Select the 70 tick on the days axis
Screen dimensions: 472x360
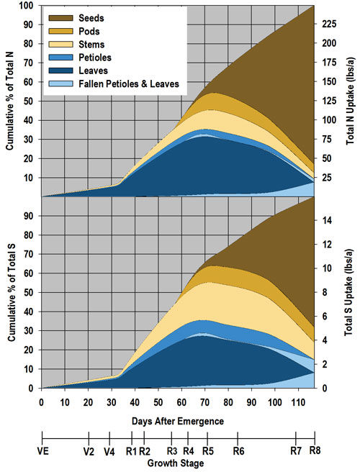point(205,401)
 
